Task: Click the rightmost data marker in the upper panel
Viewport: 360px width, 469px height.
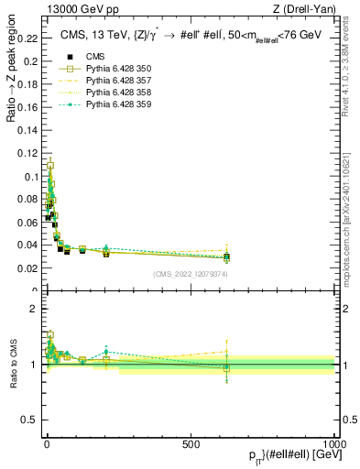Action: tap(226, 257)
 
